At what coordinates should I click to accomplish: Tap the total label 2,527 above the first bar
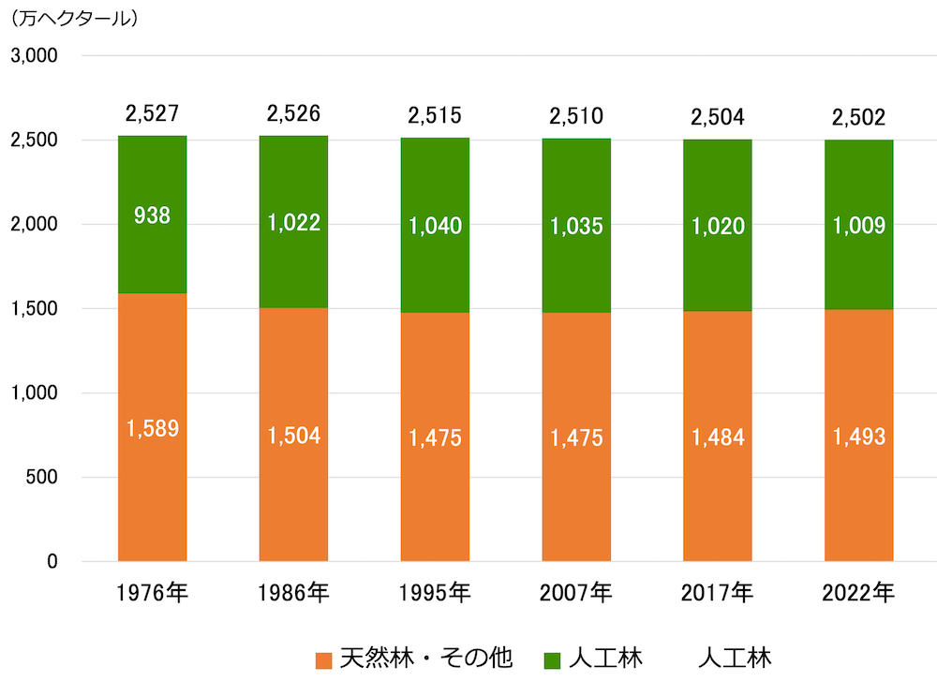[152, 114]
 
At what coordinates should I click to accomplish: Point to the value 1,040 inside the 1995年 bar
[435, 225]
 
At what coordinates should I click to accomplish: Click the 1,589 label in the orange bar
[152, 429]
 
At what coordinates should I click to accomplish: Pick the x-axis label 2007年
[575, 593]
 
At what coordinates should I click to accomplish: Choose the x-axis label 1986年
[293, 593]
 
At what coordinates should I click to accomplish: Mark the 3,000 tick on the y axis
[35, 56]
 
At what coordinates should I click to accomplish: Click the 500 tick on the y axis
[43, 478]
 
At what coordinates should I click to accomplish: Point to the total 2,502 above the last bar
[858, 118]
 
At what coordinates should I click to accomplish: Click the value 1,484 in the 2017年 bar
[717, 437]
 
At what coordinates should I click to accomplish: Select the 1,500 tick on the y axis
[35, 309]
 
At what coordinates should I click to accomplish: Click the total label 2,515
[435, 116]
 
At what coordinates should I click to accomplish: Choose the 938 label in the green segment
[152, 215]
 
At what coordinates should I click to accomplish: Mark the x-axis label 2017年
[717, 593]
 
